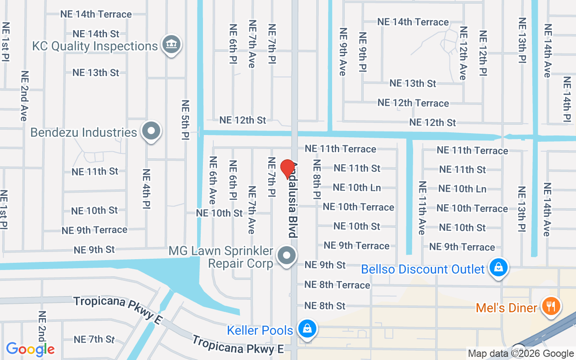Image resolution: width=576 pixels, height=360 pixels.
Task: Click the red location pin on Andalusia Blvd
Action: point(288,169)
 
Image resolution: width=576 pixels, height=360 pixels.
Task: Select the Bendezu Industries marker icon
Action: point(151,131)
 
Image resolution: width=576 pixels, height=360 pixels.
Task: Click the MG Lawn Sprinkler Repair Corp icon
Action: point(287,256)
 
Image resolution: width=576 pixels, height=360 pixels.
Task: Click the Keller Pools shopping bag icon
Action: point(307,329)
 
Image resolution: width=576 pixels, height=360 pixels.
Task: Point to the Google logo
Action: point(31,349)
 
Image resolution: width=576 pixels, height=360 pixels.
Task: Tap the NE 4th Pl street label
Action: point(146,189)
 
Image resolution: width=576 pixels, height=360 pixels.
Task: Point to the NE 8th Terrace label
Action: point(337,285)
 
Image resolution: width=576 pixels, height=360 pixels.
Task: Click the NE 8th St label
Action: point(325,306)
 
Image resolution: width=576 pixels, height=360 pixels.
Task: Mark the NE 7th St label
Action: point(94,339)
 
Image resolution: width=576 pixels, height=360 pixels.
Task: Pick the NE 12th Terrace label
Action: point(413,103)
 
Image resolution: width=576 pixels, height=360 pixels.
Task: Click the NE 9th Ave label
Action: point(343,52)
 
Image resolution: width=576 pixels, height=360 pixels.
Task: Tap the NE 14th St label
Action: point(96,34)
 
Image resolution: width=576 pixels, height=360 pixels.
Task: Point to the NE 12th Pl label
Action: point(483,53)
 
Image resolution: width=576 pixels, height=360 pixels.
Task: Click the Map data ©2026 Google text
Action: point(521,353)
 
